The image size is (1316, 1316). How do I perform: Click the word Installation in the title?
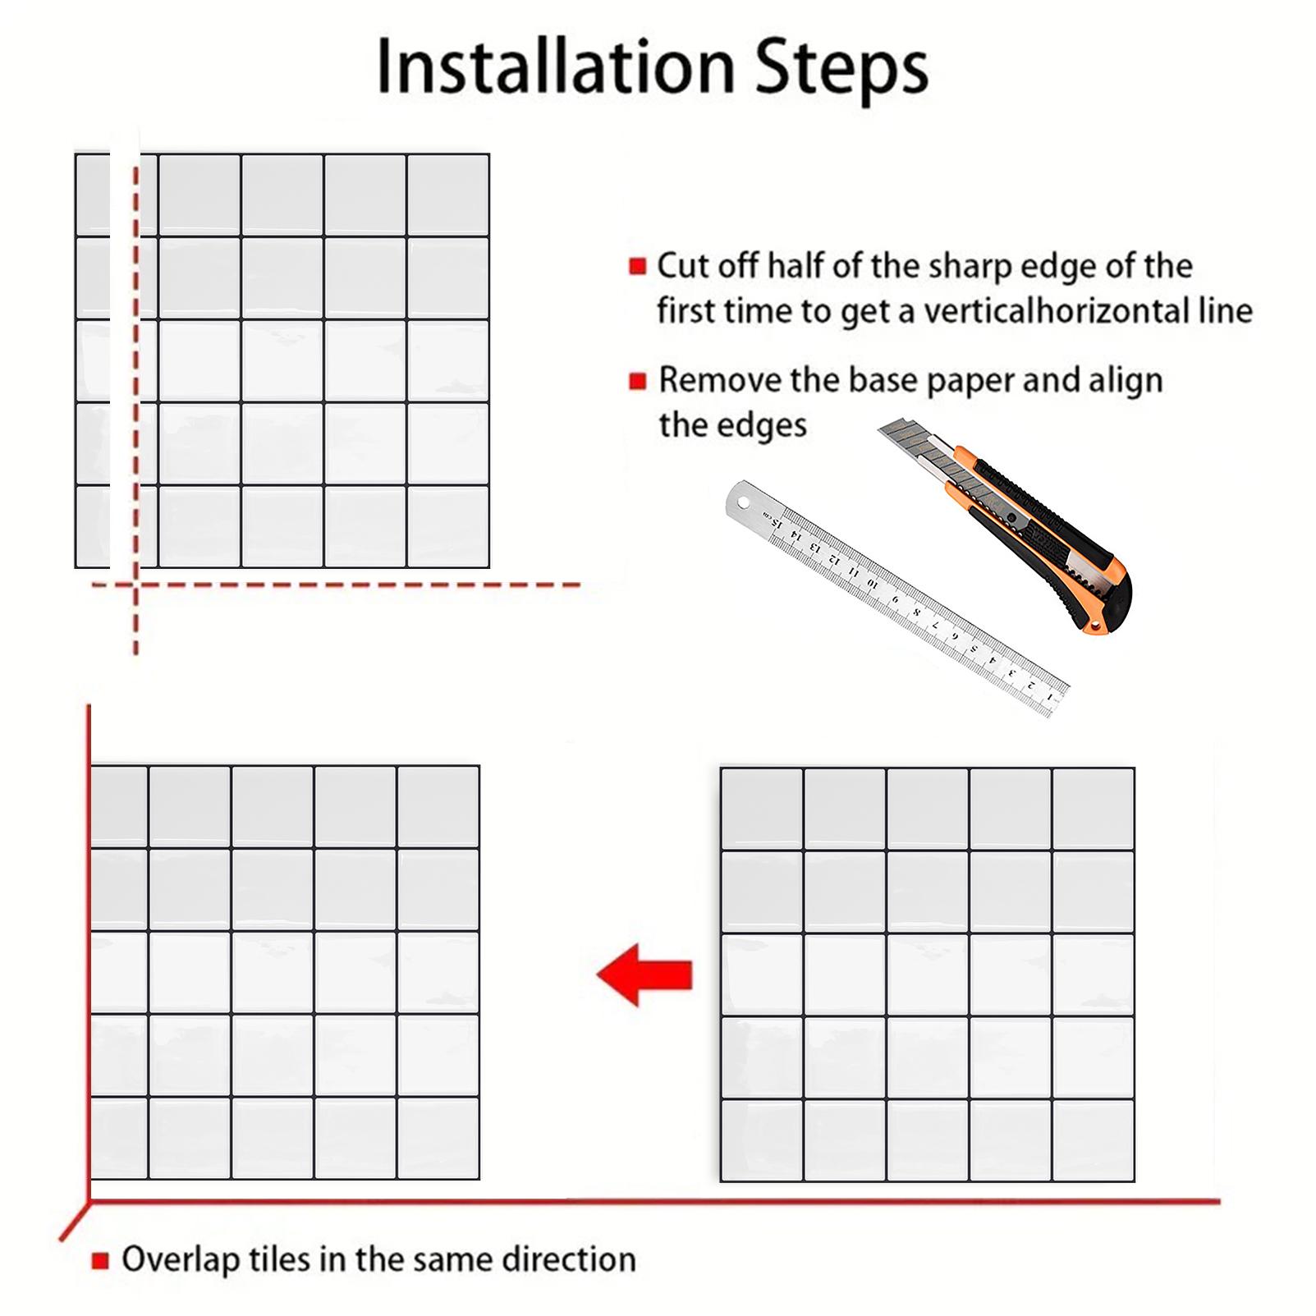(x=556, y=67)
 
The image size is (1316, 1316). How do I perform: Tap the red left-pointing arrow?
(x=645, y=974)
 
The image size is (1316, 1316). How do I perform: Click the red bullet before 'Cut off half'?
(x=637, y=267)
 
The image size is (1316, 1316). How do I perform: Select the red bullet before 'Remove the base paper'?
(x=637, y=381)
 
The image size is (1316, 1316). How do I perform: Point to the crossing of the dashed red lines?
(x=135, y=585)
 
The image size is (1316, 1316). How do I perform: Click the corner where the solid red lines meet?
(x=89, y=1203)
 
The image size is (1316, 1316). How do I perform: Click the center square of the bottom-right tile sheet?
(x=928, y=974)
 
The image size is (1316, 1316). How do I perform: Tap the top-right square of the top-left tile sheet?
(x=448, y=195)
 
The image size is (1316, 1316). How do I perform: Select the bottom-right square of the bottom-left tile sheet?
(x=438, y=1137)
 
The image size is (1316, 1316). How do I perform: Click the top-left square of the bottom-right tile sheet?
(x=762, y=809)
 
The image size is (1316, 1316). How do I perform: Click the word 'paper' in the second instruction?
(x=962, y=381)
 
